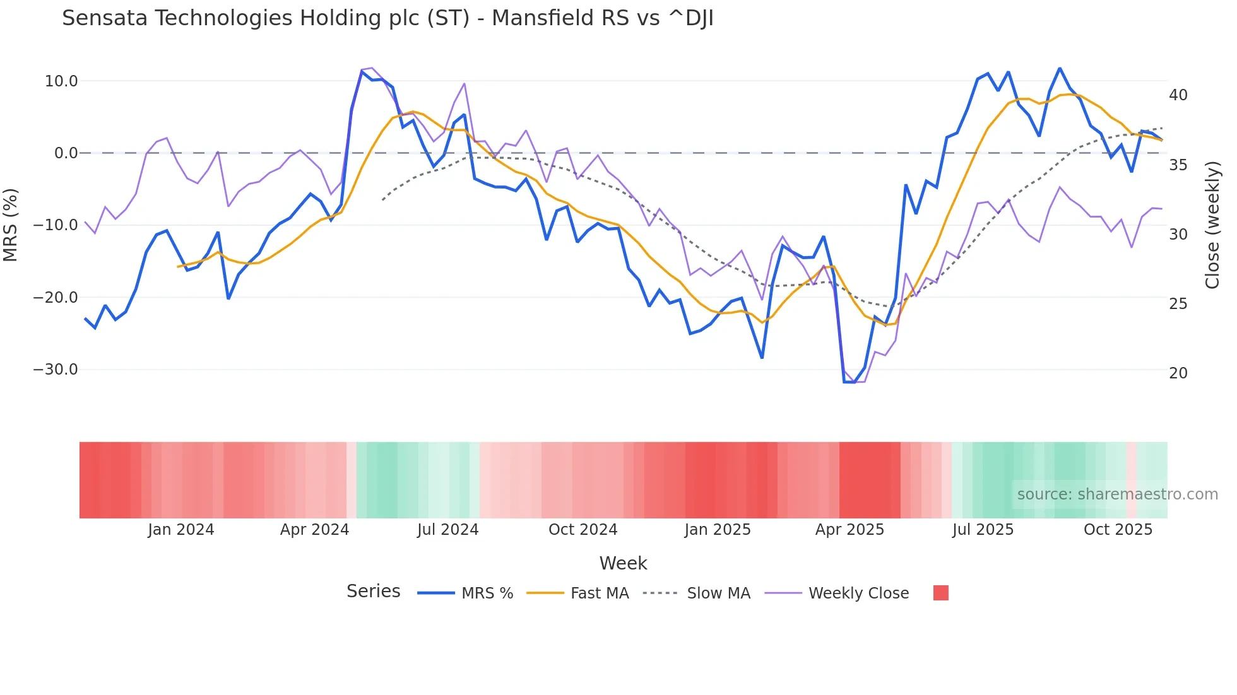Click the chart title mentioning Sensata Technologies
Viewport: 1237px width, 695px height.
pyautogui.click(x=388, y=18)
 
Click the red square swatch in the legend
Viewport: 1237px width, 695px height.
pyautogui.click(x=940, y=593)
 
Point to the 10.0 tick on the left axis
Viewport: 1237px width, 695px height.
pyautogui.click(x=61, y=81)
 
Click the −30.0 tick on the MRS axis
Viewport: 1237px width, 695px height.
pyautogui.click(x=56, y=370)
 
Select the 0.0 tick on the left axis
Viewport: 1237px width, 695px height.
pyautogui.click(x=66, y=153)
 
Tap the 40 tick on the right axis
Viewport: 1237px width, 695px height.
pyautogui.click(x=1178, y=95)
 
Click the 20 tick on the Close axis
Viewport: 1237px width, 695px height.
pyautogui.click(x=1178, y=373)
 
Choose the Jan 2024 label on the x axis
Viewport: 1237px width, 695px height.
pyautogui.click(x=181, y=530)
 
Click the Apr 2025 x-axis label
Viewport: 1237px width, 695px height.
pyautogui.click(x=849, y=530)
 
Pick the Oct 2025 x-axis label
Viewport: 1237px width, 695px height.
pyautogui.click(x=1118, y=530)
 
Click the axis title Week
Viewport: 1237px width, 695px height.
pyautogui.click(x=623, y=563)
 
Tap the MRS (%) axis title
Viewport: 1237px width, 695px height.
pyautogui.click(x=11, y=225)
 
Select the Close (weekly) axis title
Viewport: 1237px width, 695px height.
pyautogui.click(x=1212, y=225)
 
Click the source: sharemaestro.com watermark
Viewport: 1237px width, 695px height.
pyautogui.click(x=1117, y=494)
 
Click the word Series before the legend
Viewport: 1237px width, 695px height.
pyautogui.click(x=373, y=592)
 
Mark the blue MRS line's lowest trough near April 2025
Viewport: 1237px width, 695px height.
pyautogui.click(x=849, y=382)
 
